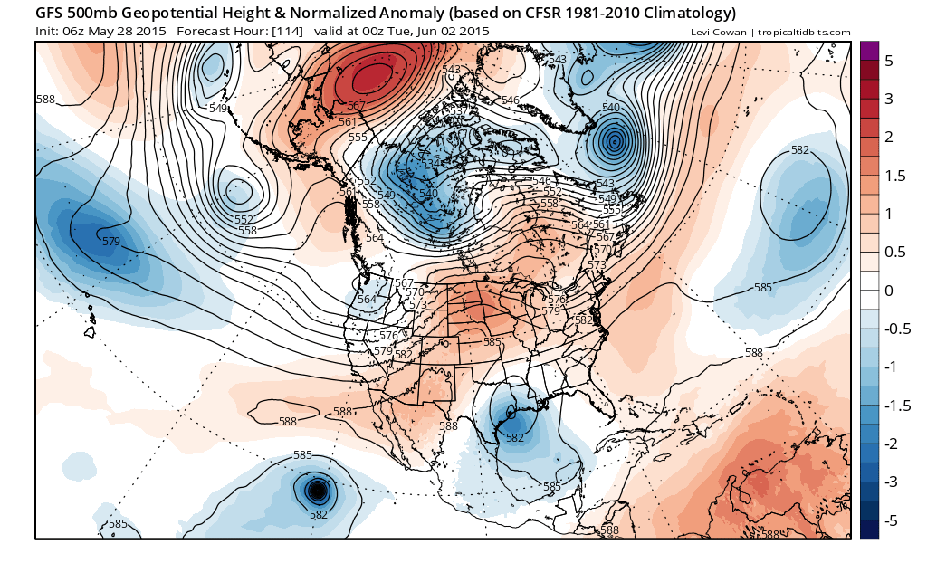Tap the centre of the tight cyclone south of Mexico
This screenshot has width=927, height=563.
317,491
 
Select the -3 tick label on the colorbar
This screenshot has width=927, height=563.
889,482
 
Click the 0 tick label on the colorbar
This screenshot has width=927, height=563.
889,291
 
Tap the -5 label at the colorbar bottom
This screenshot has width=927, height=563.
889,520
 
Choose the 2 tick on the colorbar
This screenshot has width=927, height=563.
889,137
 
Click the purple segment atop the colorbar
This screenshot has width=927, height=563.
868,51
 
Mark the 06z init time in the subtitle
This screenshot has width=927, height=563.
74,31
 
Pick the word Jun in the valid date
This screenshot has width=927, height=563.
425,31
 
